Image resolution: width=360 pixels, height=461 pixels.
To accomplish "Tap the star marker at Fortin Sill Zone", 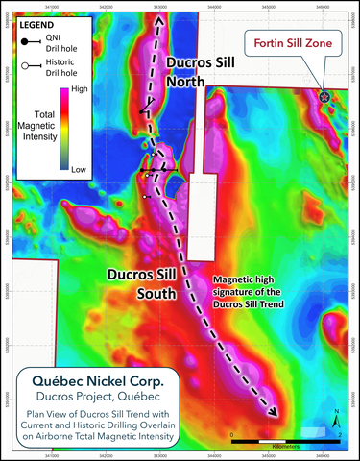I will click(324, 97).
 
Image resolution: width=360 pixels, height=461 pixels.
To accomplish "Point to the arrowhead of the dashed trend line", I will click(275, 413).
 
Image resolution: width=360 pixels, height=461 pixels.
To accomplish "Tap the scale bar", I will click(286, 440).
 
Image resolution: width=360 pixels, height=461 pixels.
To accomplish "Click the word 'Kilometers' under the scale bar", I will click(286, 449).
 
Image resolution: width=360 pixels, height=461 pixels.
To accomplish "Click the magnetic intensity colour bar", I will click(63, 129).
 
